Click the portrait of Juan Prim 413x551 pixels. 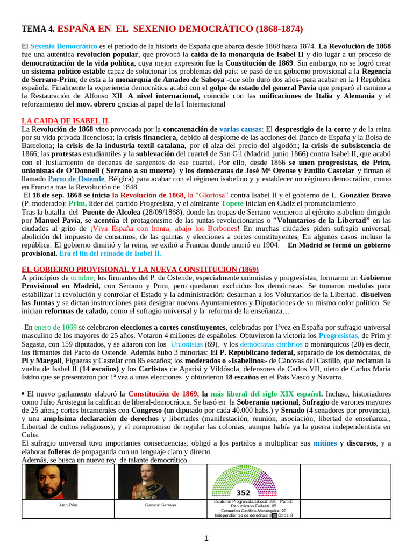pyautogui.click(x=45, y=483)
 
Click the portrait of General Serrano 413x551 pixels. pyautogui.click(x=141, y=483)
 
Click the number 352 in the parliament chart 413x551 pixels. pyautogui.click(x=244, y=493)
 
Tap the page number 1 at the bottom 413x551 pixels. pyautogui.click(x=206, y=538)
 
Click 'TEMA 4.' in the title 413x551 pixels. pyautogui.click(x=38, y=29)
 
